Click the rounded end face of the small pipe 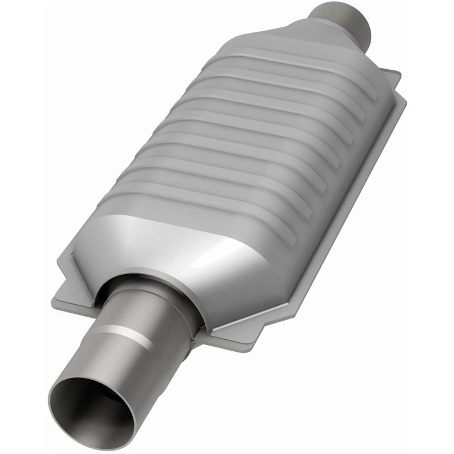click(363, 23)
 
